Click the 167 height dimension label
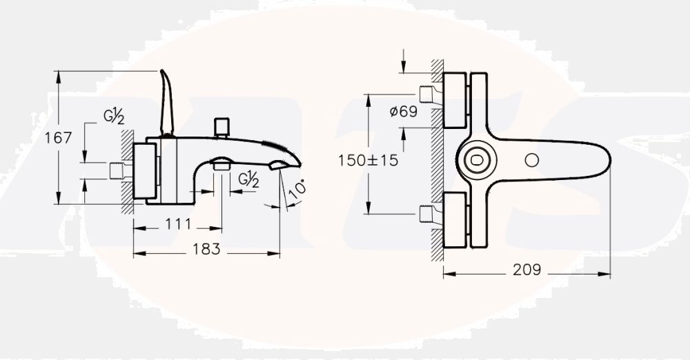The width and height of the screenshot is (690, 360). coord(58,138)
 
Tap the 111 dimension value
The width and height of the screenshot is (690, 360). coord(178,224)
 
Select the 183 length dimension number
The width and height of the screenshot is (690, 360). coord(206,249)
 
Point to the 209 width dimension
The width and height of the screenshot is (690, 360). coord(526,270)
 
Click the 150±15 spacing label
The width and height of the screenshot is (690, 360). coord(368,160)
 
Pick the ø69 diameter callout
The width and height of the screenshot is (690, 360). coord(404,111)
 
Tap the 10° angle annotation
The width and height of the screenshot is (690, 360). coord(298,188)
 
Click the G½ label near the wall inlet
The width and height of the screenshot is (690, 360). coord(114,116)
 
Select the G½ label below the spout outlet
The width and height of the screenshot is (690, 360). coord(248,179)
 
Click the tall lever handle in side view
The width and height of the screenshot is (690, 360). coord(167,103)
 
